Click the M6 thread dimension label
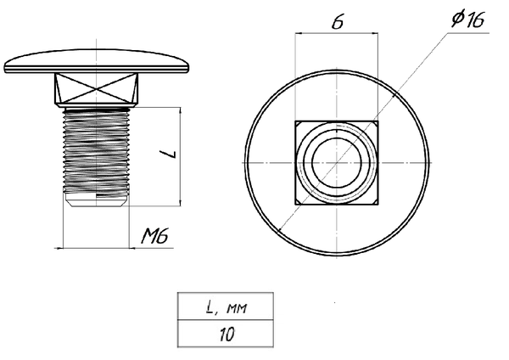pos(155,237)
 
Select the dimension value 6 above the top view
pos(337,23)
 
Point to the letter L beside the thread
pos(170,155)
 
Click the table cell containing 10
pos(226,334)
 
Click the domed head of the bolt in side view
pos(95,64)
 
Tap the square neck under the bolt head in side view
pos(95,88)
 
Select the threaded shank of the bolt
pos(95,149)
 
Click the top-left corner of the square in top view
pos(295,122)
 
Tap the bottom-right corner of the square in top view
pos(378,204)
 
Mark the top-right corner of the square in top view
pos(378,122)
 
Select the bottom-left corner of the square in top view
pos(295,204)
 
